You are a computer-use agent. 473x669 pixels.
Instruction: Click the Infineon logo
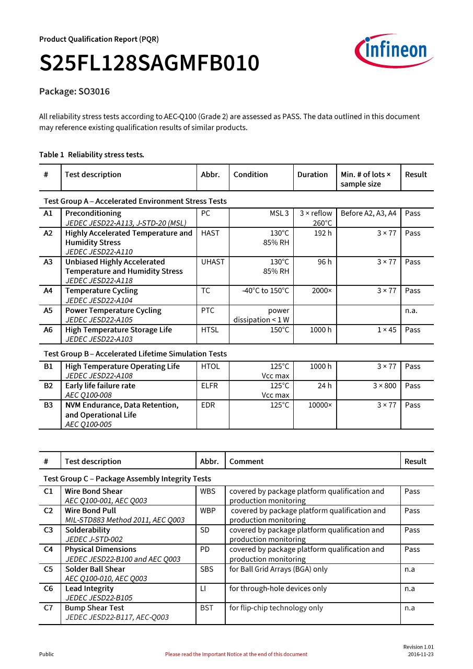point(394,51)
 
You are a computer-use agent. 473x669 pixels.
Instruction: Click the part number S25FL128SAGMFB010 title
point(149,63)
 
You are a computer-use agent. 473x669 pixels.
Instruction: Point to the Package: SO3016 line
point(74,91)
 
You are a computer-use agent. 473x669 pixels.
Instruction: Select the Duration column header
point(313,175)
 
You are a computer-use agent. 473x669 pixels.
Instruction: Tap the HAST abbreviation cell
point(210,233)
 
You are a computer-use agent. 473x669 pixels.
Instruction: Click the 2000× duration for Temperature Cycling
point(321,291)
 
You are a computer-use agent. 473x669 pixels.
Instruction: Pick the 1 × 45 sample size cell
point(386,330)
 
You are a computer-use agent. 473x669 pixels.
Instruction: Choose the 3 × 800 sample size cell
point(384,386)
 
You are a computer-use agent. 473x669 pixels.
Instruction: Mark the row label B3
point(49,405)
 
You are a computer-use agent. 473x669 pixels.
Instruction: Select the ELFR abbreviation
point(210,386)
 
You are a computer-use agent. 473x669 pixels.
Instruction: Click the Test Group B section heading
point(135,354)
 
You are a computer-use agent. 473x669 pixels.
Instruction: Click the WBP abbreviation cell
point(207,511)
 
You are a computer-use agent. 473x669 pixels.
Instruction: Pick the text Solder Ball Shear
point(95,569)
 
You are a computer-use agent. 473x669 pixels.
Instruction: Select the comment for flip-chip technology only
point(276,608)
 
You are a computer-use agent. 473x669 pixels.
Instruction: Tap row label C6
point(48,589)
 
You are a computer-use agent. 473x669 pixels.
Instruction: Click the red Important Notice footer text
point(236,654)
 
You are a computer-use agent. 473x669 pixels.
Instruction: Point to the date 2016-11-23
point(420,654)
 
